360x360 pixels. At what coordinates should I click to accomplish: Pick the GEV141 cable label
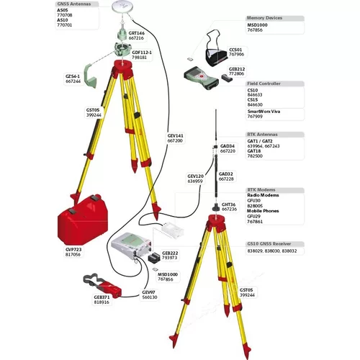click(176, 138)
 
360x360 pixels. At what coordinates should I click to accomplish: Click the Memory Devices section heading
click(265, 17)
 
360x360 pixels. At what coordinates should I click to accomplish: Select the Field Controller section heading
click(266, 84)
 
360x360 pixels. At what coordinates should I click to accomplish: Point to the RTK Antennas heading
click(262, 135)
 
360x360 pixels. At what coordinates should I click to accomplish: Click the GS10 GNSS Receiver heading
click(271, 243)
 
